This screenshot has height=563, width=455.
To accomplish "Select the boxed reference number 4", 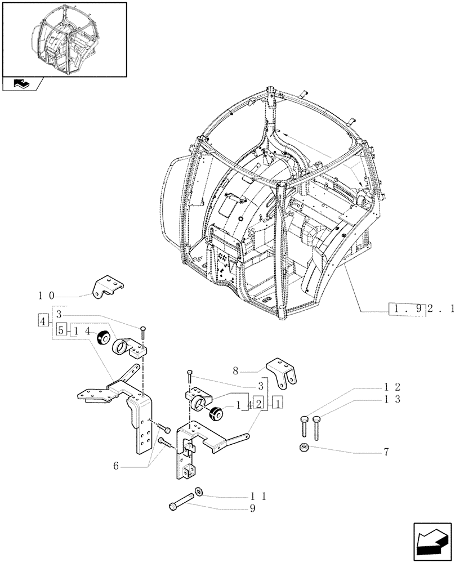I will coord(43,321).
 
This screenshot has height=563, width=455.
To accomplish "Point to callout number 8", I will coord(235,372).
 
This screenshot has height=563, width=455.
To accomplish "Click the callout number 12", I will coord(392,387).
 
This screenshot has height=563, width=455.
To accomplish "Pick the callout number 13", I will coord(392,399).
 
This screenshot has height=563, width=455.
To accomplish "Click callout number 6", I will coord(116,466).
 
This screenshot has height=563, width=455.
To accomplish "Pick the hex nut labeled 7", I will coord(304,448).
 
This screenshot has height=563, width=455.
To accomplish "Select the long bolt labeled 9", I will coord(181,501).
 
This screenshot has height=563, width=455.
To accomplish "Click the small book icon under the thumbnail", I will coord(21,84).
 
